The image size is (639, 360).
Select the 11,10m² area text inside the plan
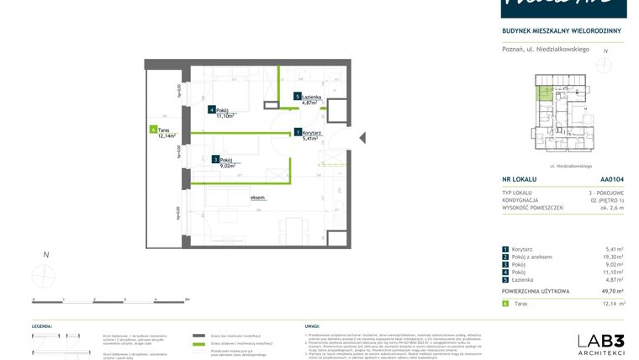point(225,116)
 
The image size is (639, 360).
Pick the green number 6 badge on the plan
point(153,130)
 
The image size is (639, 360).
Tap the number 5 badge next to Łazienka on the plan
point(298,97)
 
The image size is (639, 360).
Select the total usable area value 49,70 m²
point(610,290)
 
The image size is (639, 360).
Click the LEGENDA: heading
point(43,325)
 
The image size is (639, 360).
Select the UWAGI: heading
point(312,325)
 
